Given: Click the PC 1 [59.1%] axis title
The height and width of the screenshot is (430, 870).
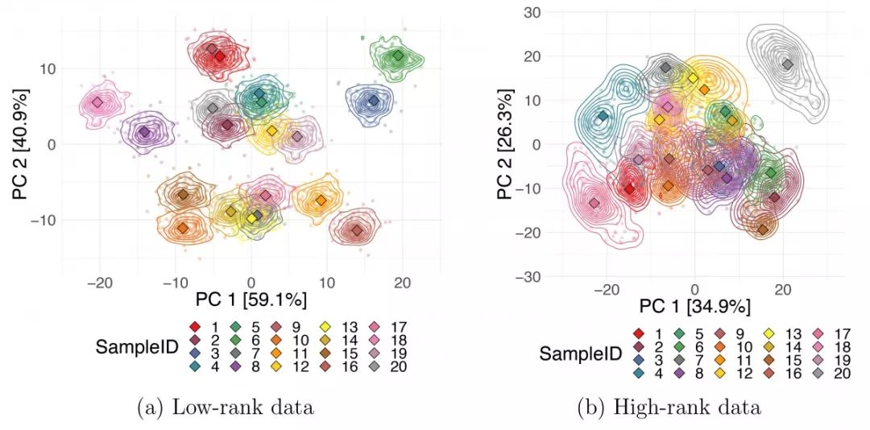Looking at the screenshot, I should tap(251, 300).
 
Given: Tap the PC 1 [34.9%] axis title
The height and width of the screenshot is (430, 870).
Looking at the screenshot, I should tap(694, 307).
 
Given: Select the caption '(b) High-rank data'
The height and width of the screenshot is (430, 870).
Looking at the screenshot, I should tap(669, 407).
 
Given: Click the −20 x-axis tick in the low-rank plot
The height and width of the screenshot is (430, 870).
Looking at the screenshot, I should tap(100, 283).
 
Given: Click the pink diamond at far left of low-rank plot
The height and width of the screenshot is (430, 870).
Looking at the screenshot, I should tap(97, 102).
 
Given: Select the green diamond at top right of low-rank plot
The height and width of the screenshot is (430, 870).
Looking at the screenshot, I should tap(398, 56).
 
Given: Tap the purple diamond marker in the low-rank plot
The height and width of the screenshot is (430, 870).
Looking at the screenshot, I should tap(144, 132).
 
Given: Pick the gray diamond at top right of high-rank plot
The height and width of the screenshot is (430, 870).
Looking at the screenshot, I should tap(787, 64).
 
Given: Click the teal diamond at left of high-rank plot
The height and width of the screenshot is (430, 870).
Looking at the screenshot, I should tap(603, 118).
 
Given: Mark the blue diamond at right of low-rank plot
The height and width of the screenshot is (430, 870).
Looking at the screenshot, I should tap(372, 101).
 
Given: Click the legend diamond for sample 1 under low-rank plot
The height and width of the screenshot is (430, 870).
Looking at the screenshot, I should tap(195, 327).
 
